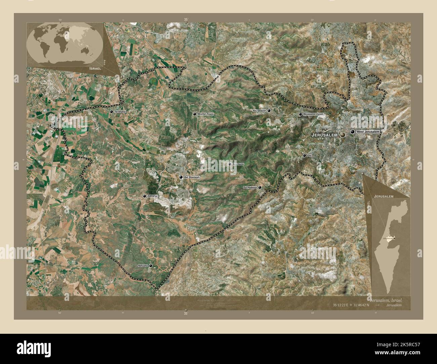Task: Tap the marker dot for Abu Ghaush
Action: tap(269, 110)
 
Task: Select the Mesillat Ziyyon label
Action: tap(205, 114)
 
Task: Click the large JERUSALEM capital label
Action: tap(324, 135)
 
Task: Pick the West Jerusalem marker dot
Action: tap(352, 132)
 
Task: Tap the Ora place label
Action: tap(310, 156)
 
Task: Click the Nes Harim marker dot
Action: tap(230, 164)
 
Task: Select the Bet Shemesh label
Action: tap(192, 177)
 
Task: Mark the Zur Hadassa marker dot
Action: tap(260, 187)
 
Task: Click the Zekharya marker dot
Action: tap(145, 196)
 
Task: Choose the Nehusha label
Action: tap(143, 266)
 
